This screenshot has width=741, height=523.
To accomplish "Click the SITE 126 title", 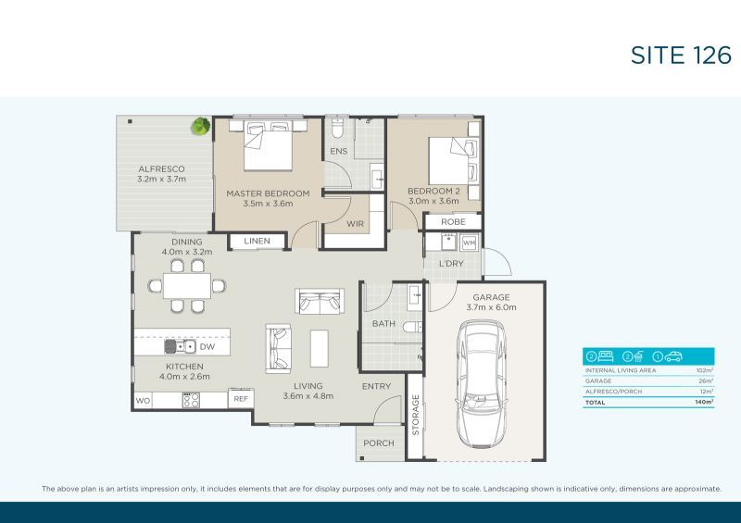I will click(x=681, y=55).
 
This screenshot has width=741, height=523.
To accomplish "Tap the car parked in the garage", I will click(x=483, y=380).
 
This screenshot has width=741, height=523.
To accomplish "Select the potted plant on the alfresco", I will click(x=201, y=126).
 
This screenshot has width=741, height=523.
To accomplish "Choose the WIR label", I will click(x=355, y=224).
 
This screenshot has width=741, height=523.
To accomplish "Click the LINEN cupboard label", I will click(x=256, y=241).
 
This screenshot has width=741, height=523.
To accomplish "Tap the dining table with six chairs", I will click(x=192, y=285).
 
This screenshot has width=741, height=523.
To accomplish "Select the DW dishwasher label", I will click(x=207, y=347).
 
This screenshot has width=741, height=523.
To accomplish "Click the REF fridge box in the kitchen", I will click(x=240, y=399).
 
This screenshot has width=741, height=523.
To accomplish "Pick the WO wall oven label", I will click(x=143, y=400).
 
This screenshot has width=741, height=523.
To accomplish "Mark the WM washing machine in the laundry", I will click(x=468, y=243).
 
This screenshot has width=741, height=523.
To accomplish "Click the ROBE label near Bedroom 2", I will click(x=453, y=222).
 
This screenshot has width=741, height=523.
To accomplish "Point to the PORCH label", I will click(x=378, y=443).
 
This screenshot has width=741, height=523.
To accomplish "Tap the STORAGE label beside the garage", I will click(x=415, y=415).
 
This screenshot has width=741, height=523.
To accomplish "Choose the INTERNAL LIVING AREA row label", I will click(x=620, y=370).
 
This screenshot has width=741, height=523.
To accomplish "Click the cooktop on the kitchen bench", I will click(x=191, y=400).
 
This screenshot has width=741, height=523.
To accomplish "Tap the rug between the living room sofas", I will click(x=320, y=348).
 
